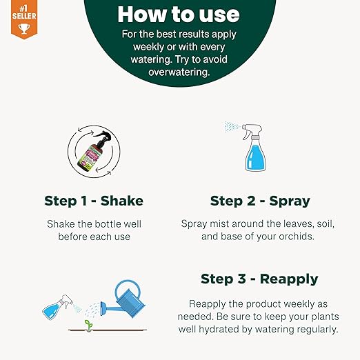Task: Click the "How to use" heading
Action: pyautogui.click(x=179, y=14)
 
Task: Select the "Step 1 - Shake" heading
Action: pyautogui.click(x=94, y=201)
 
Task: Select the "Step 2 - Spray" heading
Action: pyautogui.click(x=259, y=201)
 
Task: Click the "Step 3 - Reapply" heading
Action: pyautogui.click(x=259, y=279)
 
